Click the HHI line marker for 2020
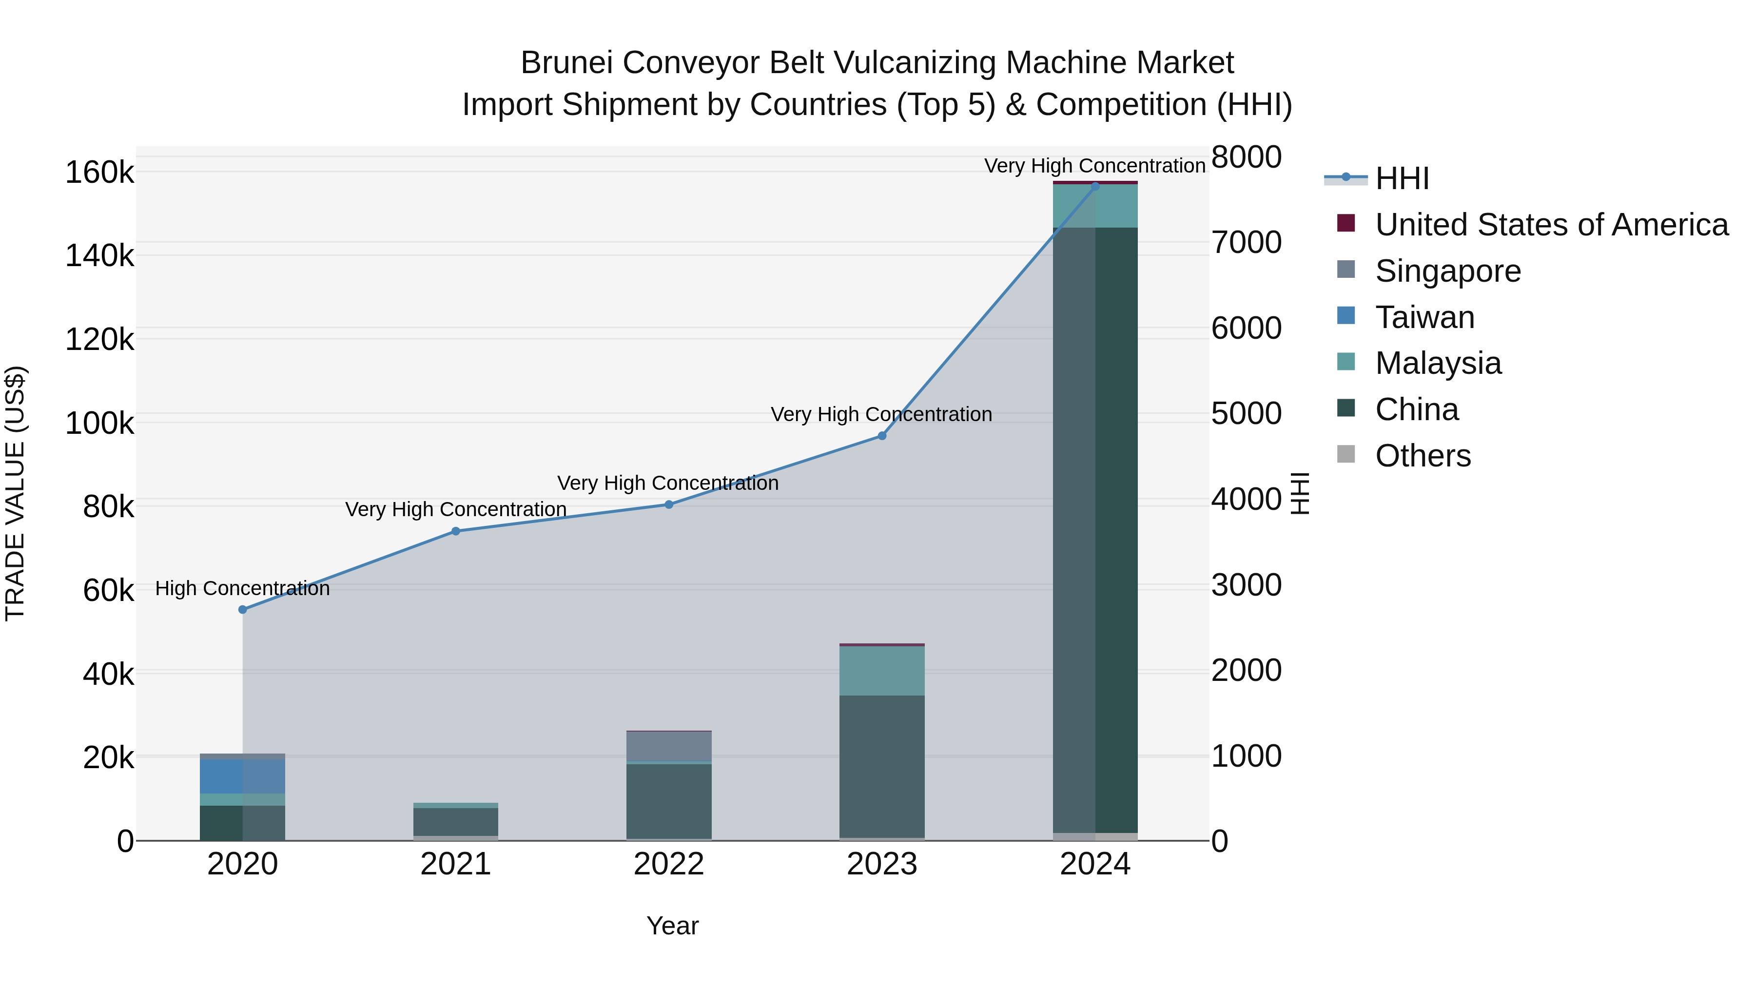pos(243,610)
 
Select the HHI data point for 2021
pos(456,531)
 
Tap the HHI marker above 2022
pos(669,505)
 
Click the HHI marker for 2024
pos(1095,186)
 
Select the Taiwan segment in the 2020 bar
pos(243,776)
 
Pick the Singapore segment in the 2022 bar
pos(669,746)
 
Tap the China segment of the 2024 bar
pos(1095,531)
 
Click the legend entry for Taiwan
pos(1424,317)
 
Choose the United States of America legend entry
pos(1551,225)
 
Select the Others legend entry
pos(1423,456)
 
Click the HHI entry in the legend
pos(1402,178)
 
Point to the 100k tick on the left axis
pos(99,424)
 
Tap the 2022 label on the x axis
pos(669,864)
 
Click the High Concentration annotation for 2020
pos(243,588)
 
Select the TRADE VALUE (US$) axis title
pos(15,493)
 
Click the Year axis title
pos(672,926)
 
